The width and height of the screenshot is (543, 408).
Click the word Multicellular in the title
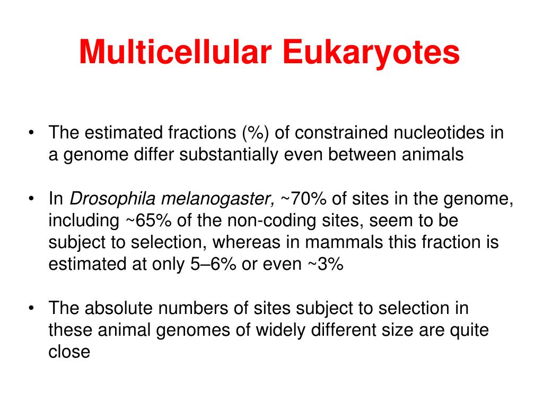[x=175, y=52]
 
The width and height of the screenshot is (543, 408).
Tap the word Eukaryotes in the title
[x=371, y=54]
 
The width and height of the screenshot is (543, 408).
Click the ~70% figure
[x=303, y=199]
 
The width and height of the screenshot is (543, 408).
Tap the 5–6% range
[x=213, y=264]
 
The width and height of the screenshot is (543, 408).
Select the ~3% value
[x=326, y=264]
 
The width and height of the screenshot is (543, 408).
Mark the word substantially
[x=229, y=155]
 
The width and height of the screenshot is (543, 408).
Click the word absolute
[x=118, y=308]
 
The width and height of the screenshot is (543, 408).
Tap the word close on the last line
[x=69, y=352]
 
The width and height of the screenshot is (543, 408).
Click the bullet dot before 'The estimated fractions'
[x=31, y=133]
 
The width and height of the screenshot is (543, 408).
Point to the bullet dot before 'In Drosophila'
[x=31, y=199]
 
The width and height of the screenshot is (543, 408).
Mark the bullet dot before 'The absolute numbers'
[x=31, y=308]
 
